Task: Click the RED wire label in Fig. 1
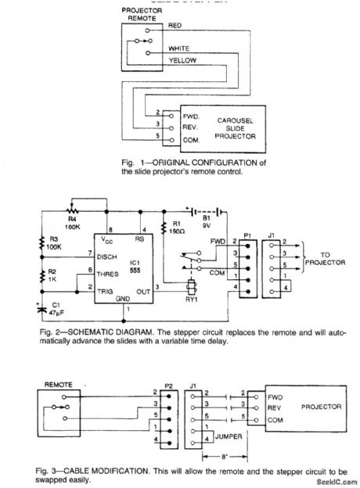pyautogui.click(x=175, y=26)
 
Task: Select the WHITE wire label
pyautogui.click(x=178, y=48)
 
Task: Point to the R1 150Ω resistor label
pyautogui.click(x=179, y=229)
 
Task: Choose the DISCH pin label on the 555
pyautogui.click(x=108, y=256)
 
